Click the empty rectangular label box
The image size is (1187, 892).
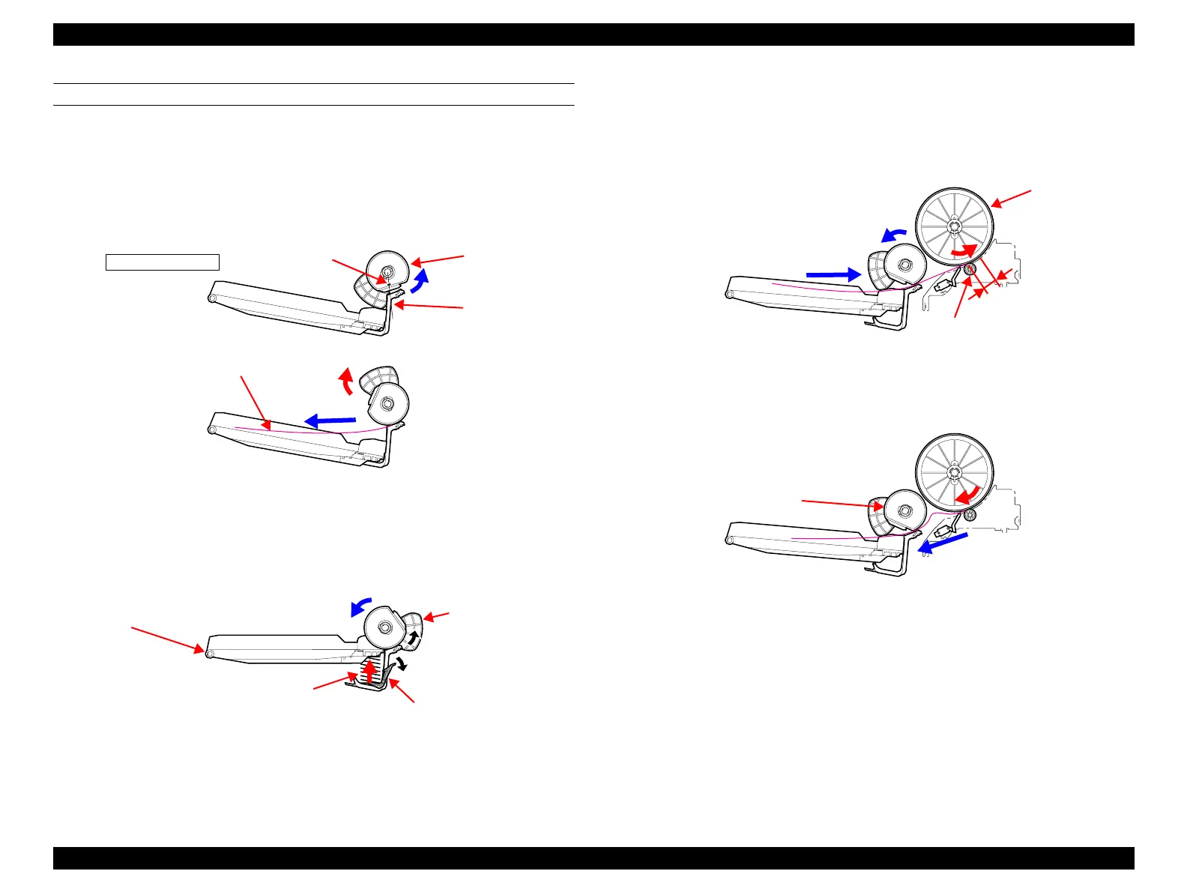pos(162,262)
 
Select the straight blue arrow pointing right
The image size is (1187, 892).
pos(833,274)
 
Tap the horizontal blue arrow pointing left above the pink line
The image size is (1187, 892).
pos(330,421)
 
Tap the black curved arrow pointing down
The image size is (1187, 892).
pos(402,662)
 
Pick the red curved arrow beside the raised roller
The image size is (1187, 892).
pos(345,381)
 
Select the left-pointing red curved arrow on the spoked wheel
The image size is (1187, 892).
pos(966,493)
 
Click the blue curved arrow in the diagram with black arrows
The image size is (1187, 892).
pos(361,605)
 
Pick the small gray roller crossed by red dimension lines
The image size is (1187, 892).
pos(970,269)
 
